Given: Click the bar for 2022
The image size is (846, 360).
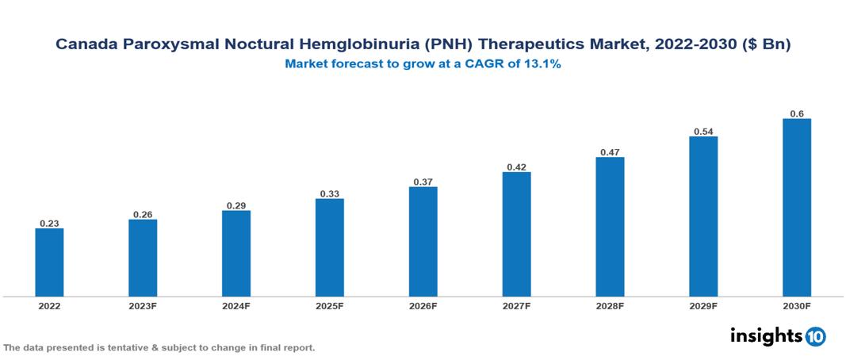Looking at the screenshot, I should point(49,262).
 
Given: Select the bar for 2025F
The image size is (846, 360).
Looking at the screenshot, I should point(329,247).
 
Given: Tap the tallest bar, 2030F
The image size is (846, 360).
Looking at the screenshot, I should point(796,208).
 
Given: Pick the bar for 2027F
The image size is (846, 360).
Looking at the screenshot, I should point(516,234).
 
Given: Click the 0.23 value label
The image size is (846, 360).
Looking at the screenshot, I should point(49,224).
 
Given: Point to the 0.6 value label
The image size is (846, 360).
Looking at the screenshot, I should point(797,113).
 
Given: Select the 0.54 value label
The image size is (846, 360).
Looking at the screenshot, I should point(703,131).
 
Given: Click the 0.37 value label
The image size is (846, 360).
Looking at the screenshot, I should point(423,182).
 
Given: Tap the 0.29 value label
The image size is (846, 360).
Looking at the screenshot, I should point(236,205).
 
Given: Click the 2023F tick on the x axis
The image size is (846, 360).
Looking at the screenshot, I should point(143,306).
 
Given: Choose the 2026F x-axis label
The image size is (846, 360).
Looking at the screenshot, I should point(423,306).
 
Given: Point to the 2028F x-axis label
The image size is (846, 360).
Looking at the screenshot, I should point(610,306).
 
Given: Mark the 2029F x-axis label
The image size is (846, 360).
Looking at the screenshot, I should point(703,306).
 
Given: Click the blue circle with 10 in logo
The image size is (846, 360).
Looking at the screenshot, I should point(815,336).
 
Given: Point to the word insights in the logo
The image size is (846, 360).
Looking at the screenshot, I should point(766,335).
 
